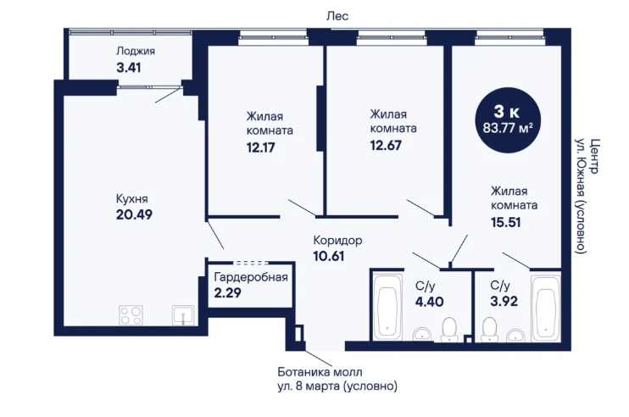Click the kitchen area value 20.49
134,214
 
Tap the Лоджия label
135,52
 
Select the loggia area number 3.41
128,67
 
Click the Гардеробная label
251,277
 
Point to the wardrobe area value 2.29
227,292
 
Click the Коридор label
337,240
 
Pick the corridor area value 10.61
329,256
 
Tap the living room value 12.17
261,147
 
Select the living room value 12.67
386,145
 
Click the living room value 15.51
506,222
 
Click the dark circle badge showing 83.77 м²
508,120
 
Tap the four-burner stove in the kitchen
131,315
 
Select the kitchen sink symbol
183,315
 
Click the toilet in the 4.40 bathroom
449,330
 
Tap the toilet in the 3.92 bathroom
489,330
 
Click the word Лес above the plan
337,16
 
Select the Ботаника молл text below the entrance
320,372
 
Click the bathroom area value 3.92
504,301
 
